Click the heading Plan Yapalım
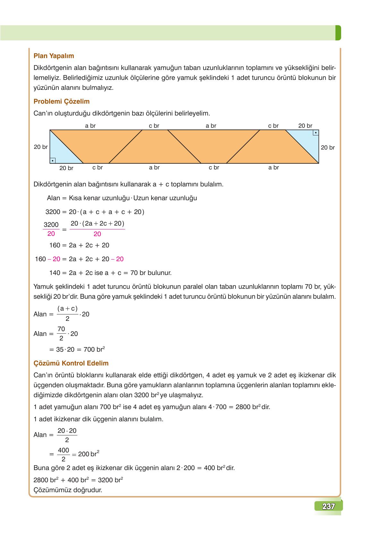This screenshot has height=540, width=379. tap(54, 56)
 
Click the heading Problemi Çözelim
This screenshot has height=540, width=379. tap(61, 101)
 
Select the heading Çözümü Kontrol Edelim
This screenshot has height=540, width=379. tap(71, 363)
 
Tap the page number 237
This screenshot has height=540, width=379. tap(328, 506)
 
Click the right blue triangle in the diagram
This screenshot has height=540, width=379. tap(308, 141)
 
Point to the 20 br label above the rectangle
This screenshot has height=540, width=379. tap(305, 126)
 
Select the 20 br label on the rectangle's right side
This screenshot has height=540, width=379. tap(328, 148)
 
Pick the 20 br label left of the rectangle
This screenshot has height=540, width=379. tap(41, 147)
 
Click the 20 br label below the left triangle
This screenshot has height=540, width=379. tap(66, 168)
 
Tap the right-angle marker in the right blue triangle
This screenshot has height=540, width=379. tap(316, 133)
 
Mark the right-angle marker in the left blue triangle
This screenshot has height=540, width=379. tap(53, 160)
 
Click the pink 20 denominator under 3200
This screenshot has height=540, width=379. tap(51, 234)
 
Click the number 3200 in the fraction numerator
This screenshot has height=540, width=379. tap(51, 225)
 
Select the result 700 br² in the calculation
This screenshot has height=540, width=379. tap(94, 349)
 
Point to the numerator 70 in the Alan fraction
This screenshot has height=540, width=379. tap(61, 329)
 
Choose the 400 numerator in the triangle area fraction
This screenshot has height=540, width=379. tap(64, 450)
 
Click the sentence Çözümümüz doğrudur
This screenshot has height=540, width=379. tap(68, 490)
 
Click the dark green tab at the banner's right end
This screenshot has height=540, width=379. tap(338, 33)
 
